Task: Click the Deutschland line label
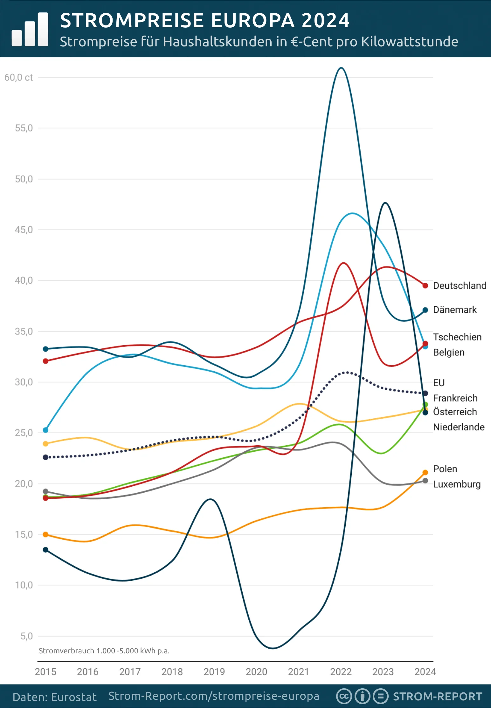click(x=459, y=286)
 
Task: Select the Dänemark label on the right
click(x=454, y=310)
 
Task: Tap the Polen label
click(x=445, y=469)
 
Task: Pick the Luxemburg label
click(x=456, y=484)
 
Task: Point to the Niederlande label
click(x=459, y=427)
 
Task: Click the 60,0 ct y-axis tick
click(x=18, y=78)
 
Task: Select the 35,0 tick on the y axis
click(x=24, y=331)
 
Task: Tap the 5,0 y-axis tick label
click(x=26, y=636)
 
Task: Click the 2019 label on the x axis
click(x=214, y=671)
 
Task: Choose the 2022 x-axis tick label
click(x=341, y=671)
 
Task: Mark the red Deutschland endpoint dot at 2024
click(x=425, y=286)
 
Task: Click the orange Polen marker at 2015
click(x=45, y=535)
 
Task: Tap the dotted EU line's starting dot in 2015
click(x=45, y=457)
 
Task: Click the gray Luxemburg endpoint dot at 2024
click(x=425, y=481)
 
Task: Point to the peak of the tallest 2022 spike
click(x=341, y=68)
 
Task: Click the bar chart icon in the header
click(x=30, y=30)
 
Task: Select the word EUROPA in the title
click(x=253, y=21)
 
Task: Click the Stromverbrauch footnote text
click(x=104, y=651)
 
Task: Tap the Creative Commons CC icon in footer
click(x=344, y=696)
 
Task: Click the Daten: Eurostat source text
click(x=54, y=697)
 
